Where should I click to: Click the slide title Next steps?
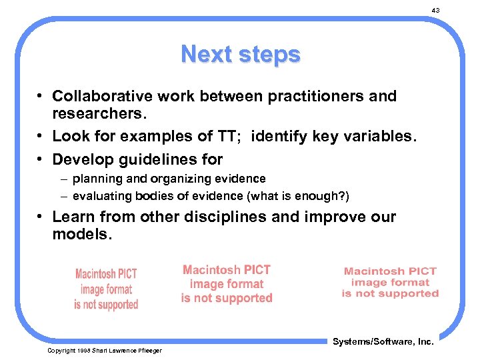coord(240,53)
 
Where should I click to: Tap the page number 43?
coord(435,11)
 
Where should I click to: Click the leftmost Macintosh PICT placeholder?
coord(106,289)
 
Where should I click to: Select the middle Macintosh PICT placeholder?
coord(227,284)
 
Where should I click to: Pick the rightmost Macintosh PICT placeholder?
coord(390,282)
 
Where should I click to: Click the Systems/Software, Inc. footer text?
coord(383,341)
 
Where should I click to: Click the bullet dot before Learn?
coord(41,217)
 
